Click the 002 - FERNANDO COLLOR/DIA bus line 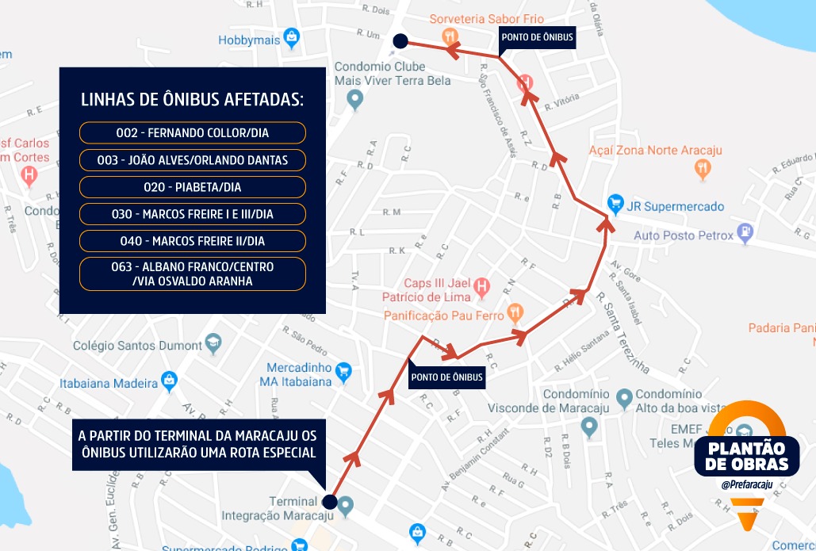click(x=193, y=133)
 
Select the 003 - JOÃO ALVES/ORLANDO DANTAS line click(x=193, y=160)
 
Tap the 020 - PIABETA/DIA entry click(x=193, y=187)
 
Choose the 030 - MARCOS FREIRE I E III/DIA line click(x=193, y=214)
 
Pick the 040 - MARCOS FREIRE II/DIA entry click(x=193, y=241)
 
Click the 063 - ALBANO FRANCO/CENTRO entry click(x=193, y=274)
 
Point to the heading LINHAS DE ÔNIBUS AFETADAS click(x=193, y=100)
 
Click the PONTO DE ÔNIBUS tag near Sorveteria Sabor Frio click(x=537, y=36)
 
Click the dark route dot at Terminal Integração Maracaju click(x=330, y=502)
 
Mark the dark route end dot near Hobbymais click(x=400, y=40)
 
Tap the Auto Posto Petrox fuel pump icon click(x=745, y=233)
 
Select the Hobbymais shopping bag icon click(x=292, y=37)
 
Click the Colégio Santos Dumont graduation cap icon click(x=213, y=345)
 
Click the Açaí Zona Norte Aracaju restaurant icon click(x=702, y=168)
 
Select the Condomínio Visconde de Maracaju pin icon click(x=588, y=427)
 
